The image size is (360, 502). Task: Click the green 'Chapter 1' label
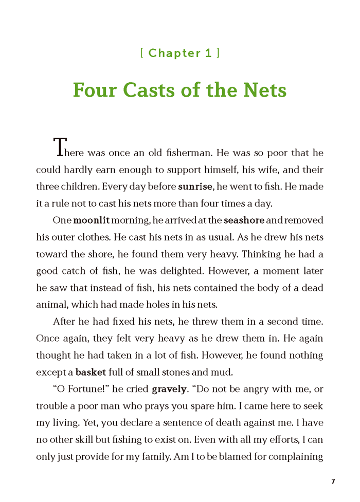tap(180, 53)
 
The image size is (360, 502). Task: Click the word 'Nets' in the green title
tap(262, 90)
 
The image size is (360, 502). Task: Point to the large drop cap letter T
tap(60, 147)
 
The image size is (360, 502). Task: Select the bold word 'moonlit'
tap(91, 220)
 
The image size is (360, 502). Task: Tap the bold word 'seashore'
tap(244, 220)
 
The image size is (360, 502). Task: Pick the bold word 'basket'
tap(91, 372)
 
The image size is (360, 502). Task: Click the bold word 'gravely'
tap(169, 389)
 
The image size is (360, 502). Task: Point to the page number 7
tap(333, 481)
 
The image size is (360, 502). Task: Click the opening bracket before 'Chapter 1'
tap(142, 53)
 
